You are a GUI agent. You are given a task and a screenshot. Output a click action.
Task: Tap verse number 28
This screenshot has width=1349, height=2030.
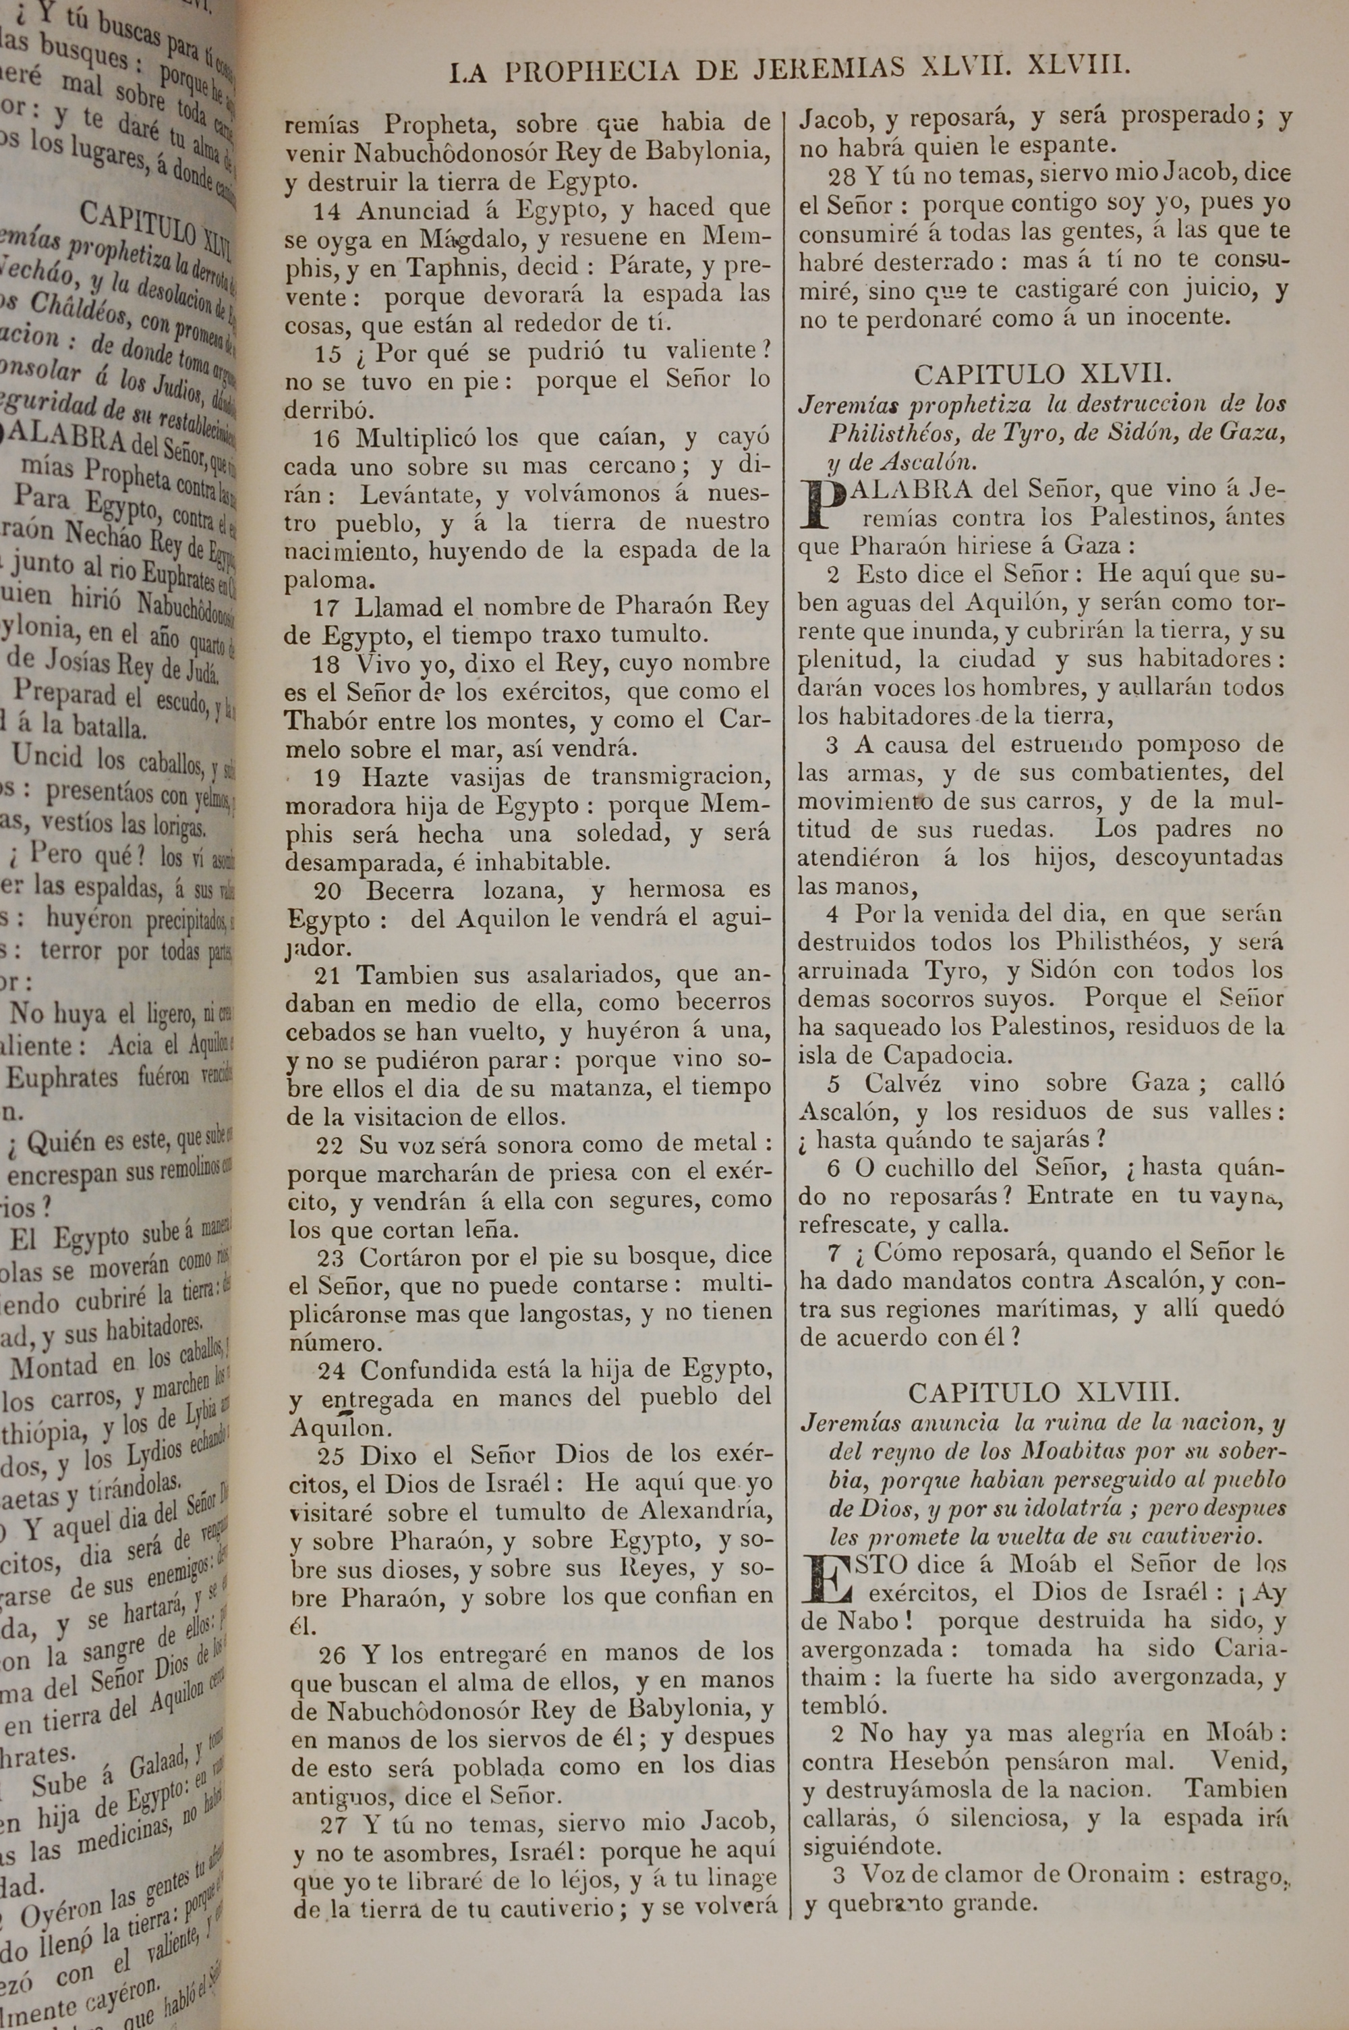[841, 176]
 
